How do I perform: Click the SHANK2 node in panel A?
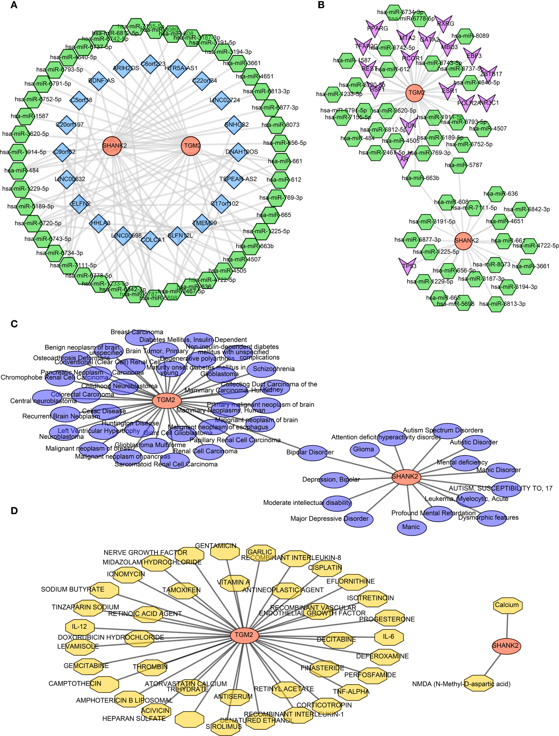(x=112, y=146)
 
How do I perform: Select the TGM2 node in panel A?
(x=191, y=146)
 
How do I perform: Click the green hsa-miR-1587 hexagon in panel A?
(x=25, y=116)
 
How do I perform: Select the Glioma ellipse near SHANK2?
(x=364, y=449)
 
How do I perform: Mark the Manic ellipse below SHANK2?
(x=412, y=527)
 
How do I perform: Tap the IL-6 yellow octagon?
(x=389, y=637)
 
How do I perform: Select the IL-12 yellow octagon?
(x=80, y=627)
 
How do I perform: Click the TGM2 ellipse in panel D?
(x=244, y=635)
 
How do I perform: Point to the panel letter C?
(x=14, y=324)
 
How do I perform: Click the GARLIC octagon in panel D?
(x=261, y=552)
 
